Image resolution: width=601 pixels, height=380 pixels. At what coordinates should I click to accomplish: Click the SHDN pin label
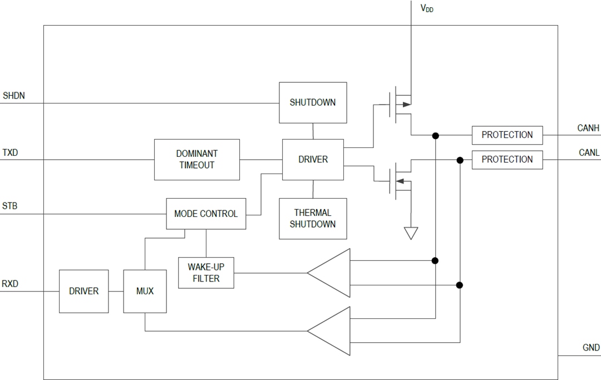14,96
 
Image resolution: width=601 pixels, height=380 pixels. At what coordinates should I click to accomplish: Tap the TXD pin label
11,152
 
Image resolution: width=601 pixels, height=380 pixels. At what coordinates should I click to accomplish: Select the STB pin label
10,206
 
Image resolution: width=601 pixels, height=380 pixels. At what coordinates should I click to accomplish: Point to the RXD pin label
11,284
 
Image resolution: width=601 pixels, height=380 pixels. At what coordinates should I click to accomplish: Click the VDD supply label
426,8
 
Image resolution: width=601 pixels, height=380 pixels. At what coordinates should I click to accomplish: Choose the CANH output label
588,129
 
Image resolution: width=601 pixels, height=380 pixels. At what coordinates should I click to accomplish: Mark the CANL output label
589,152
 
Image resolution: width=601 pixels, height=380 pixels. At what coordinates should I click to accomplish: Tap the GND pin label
591,348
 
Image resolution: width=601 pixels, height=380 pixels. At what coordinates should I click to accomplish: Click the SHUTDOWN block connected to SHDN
313,103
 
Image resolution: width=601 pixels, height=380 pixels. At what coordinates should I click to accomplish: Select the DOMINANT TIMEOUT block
197,160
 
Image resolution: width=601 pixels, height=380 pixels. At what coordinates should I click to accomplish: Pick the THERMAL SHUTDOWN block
313,219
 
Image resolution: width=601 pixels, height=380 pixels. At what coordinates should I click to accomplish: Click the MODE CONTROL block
206,214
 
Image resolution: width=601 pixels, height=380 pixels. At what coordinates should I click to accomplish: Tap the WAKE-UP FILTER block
206,273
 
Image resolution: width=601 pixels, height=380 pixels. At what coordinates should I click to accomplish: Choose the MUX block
145,291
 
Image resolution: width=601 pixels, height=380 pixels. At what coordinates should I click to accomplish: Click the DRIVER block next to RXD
84,291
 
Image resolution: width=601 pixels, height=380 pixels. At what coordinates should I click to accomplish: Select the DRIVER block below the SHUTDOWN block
313,160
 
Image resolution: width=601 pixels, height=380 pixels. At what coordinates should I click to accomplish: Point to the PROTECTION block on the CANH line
507,135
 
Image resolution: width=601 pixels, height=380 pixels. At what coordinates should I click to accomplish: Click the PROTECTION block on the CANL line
507,160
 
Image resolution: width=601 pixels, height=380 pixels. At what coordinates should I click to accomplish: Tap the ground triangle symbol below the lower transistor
411,233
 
